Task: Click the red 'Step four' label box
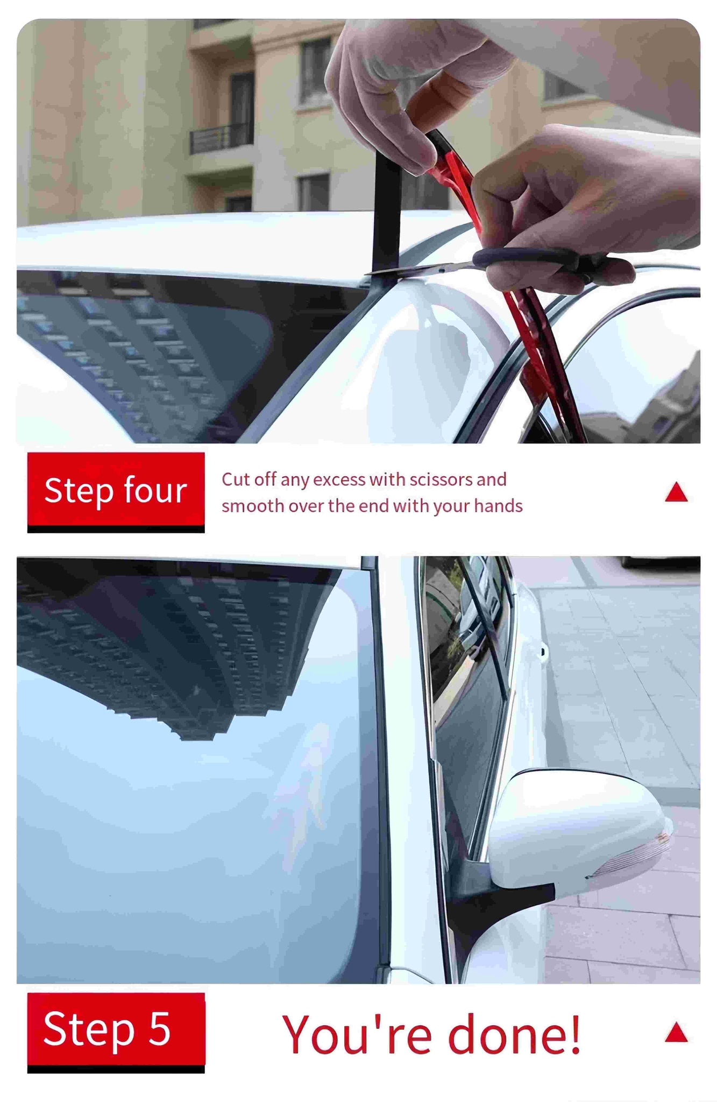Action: (x=116, y=489)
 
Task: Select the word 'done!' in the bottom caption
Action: (x=515, y=1034)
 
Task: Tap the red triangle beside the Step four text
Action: (x=676, y=492)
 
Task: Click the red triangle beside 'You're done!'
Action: (x=676, y=1032)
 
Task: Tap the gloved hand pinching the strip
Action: (x=409, y=91)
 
